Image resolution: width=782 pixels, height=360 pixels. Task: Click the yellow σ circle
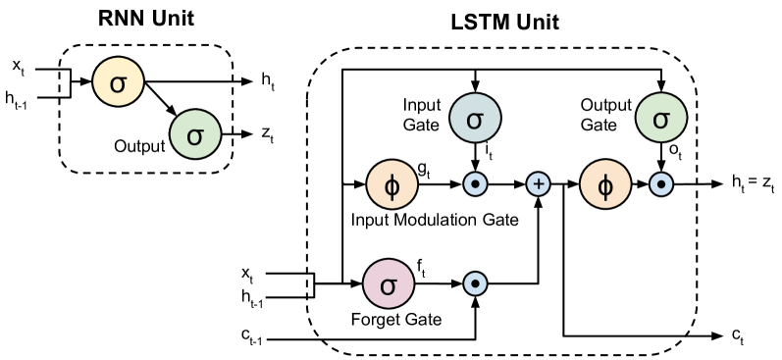pyautogui.click(x=118, y=82)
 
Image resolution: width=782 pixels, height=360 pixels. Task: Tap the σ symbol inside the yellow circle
pyautogui.click(x=118, y=83)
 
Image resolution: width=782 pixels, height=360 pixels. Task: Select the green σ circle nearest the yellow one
pyautogui.click(x=195, y=134)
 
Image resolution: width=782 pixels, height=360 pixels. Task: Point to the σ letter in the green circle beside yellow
pyautogui.click(x=195, y=135)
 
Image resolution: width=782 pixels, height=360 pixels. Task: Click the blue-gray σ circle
pyautogui.click(x=475, y=119)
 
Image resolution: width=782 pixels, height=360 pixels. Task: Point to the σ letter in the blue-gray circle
pyautogui.click(x=475, y=120)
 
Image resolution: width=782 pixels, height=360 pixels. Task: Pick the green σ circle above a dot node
pyautogui.click(x=661, y=119)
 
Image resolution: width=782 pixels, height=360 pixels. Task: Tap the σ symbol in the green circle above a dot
pyautogui.click(x=661, y=120)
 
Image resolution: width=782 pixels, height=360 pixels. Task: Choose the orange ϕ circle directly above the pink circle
pyautogui.click(x=392, y=184)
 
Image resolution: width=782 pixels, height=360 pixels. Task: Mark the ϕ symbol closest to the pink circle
pyautogui.click(x=392, y=184)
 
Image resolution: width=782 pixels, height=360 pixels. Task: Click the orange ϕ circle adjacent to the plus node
pyautogui.click(x=605, y=184)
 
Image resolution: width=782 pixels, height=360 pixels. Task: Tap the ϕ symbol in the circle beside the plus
pyautogui.click(x=605, y=184)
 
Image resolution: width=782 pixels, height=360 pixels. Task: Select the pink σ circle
pyautogui.click(x=389, y=284)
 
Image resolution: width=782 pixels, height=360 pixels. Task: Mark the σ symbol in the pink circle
pyautogui.click(x=389, y=285)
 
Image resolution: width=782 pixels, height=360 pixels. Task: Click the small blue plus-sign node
pyautogui.click(x=538, y=183)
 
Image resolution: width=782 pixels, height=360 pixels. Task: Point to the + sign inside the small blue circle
pyautogui.click(x=538, y=183)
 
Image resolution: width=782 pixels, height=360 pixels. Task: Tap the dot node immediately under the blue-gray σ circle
pyautogui.click(x=475, y=183)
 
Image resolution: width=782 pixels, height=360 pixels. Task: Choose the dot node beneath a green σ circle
pyautogui.click(x=661, y=183)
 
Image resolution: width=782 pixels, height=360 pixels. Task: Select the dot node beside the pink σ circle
pyautogui.click(x=475, y=283)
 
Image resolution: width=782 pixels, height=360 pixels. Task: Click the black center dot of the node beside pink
pyautogui.click(x=475, y=283)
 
